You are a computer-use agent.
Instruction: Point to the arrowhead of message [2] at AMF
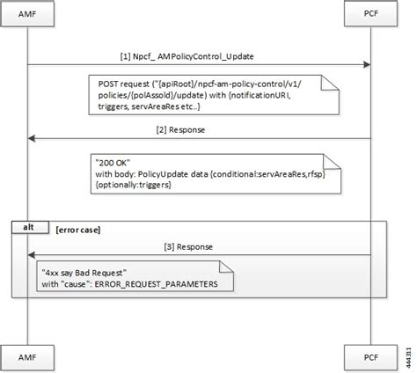click(x=32, y=137)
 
